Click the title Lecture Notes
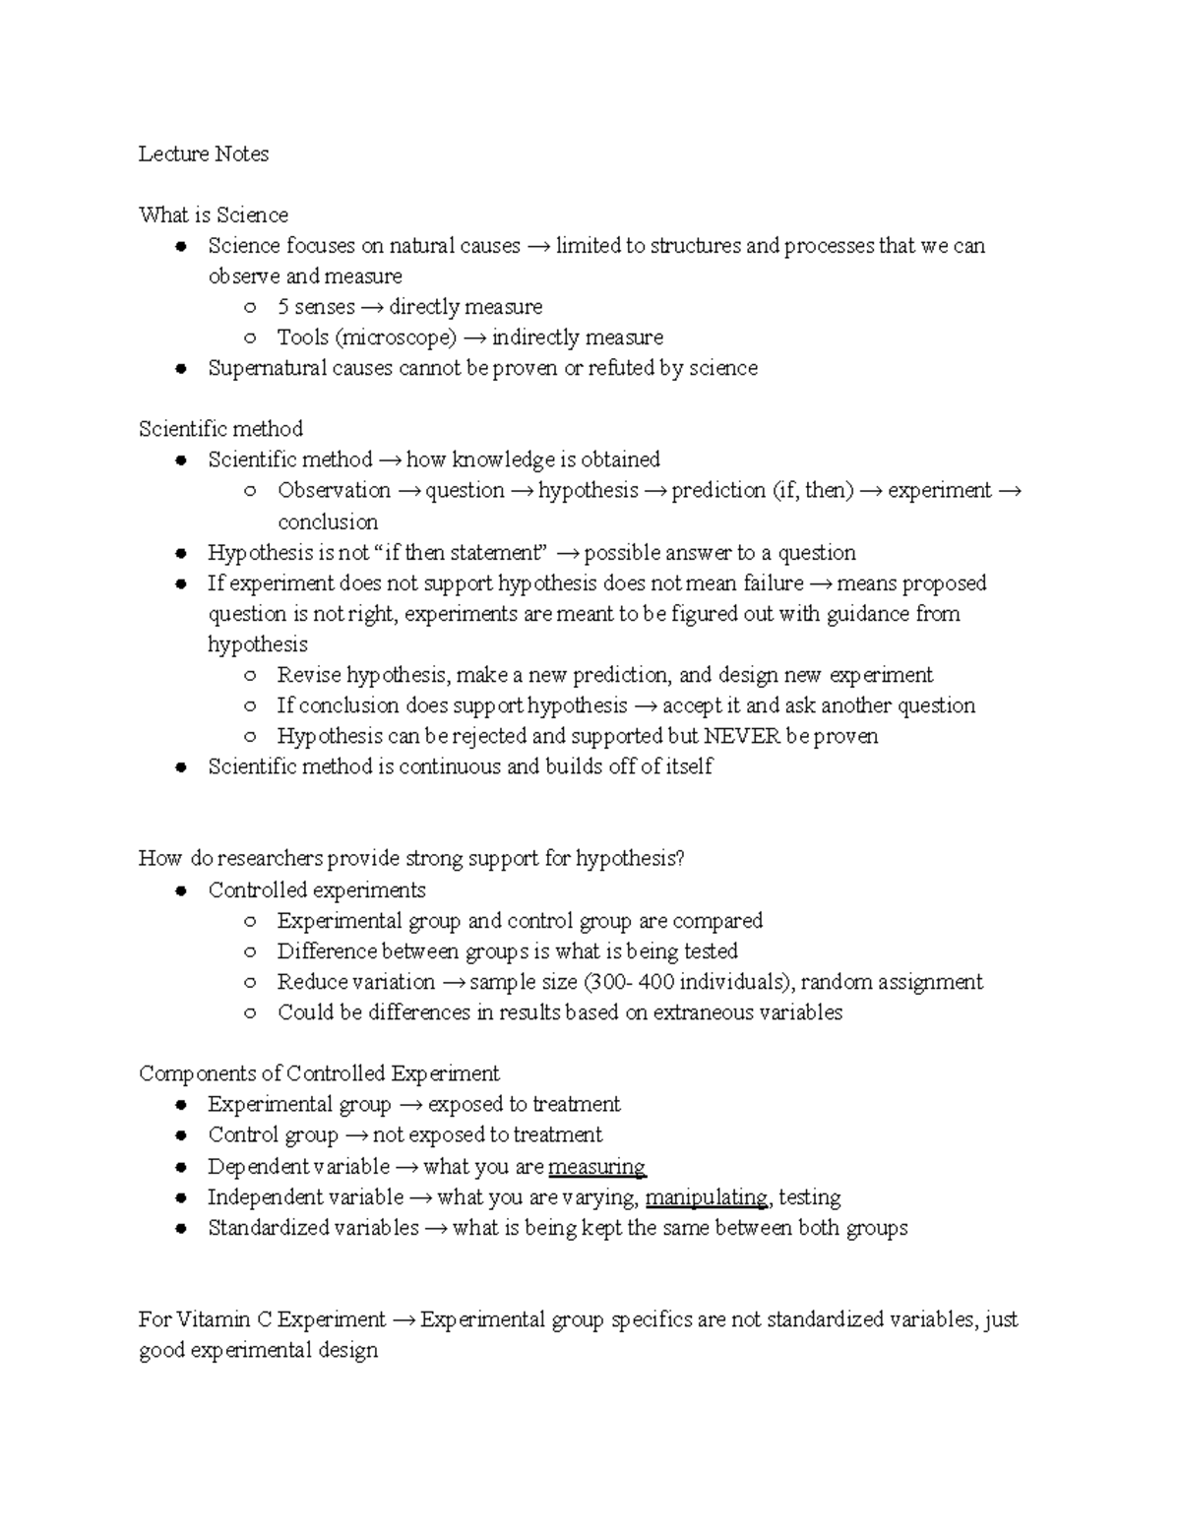pyautogui.click(x=203, y=153)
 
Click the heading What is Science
pyautogui.click(x=213, y=214)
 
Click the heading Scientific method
pyautogui.click(x=220, y=429)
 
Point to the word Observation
pyautogui.click(x=334, y=490)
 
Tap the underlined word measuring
pyautogui.click(x=596, y=1167)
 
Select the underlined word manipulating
pyautogui.click(x=707, y=1197)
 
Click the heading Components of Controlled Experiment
pyautogui.click(x=319, y=1073)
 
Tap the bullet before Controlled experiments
pyautogui.click(x=180, y=891)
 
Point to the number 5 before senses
pyautogui.click(x=283, y=307)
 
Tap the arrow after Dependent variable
pyautogui.click(x=406, y=1167)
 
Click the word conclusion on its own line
pyautogui.click(x=328, y=521)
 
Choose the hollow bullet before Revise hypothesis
pyautogui.click(x=251, y=676)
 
